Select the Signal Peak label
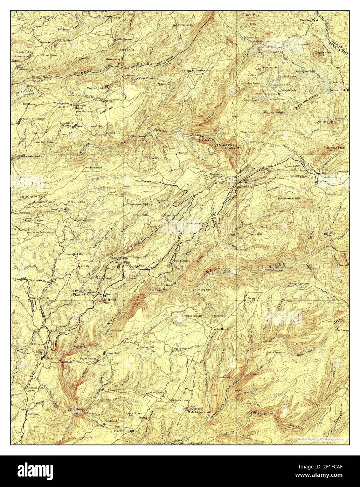tap(336, 148)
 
